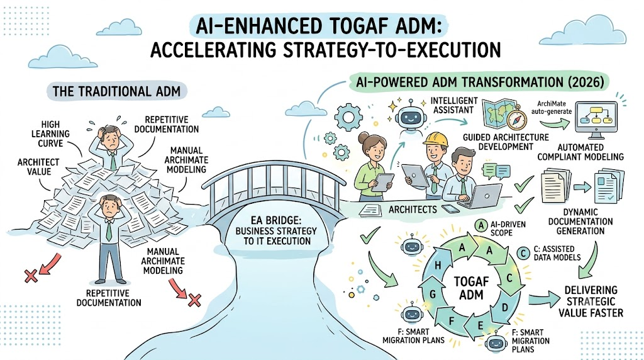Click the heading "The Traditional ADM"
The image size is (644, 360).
pyautogui.click(x=116, y=91)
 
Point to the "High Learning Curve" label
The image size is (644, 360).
pyautogui.click(x=50, y=134)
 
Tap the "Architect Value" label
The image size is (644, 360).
pyautogui.click(x=38, y=167)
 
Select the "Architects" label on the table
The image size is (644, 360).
pyautogui.click(x=413, y=210)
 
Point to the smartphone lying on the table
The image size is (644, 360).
pyautogui.click(x=450, y=208)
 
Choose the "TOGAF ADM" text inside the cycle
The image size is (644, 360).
pyautogui.click(x=471, y=288)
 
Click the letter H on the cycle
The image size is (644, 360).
pyautogui.click(x=438, y=266)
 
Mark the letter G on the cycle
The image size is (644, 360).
pyautogui.click(x=432, y=294)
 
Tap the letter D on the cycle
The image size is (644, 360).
pyautogui.click(x=505, y=307)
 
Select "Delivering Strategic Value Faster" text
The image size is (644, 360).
pyautogui.click(x=591, y=301)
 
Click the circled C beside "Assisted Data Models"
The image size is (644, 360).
pyautogui.click(x=523, y=253)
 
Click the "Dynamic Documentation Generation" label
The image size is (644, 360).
pyautogui.click(x=580, y=222)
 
